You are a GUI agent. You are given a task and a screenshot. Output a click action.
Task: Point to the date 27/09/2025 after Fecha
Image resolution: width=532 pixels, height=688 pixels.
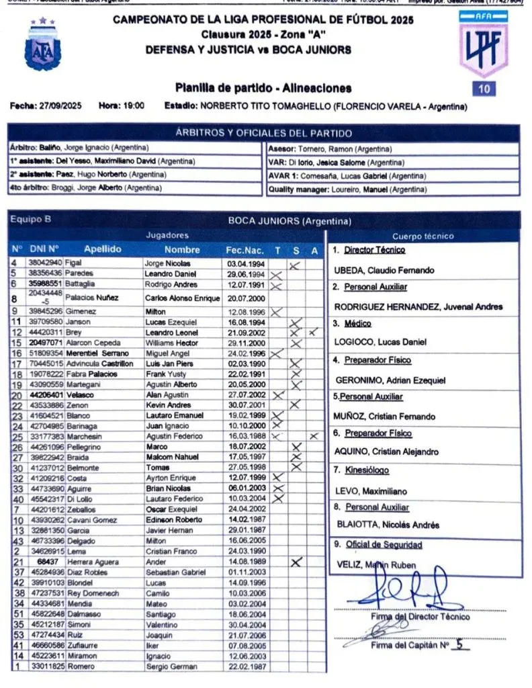(x=59, y=106)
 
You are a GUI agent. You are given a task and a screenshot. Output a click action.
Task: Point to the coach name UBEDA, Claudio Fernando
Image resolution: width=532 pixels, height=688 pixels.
(x=384, y=270)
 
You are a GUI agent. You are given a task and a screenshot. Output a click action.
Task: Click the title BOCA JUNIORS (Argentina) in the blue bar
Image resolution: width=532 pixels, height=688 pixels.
(x=290, y=221)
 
